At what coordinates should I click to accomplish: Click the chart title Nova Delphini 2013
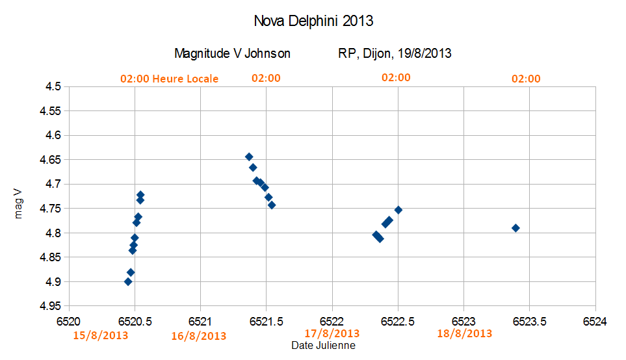tap(313, 21)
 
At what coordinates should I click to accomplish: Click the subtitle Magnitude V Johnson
tap(232, 53)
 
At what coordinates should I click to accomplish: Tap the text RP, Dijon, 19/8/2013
tap(395, 53)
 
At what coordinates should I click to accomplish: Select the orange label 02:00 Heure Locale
tap(169, 79)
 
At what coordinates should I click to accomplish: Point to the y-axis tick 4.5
tap(54, 86)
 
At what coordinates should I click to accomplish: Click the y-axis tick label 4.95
tap(51, 306)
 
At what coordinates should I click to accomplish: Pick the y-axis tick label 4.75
tap(51, 209)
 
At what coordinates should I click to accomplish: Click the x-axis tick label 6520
tap(69, 320)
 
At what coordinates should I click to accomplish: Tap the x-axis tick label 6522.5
tap(398, 320)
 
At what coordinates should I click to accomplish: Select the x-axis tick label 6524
tap(595, 320)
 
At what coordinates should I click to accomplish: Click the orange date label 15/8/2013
tap(100, 335)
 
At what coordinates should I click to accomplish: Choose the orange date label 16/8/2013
tap(199, 336)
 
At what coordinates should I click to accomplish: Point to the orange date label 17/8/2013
tap(332, 333)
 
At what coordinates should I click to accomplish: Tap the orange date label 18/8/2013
tap(464, 333)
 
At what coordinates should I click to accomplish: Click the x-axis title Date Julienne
tap(323, 346)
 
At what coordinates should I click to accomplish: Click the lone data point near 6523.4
tap(515, 228)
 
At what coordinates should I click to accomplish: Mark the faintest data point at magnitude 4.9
tap(128, 281)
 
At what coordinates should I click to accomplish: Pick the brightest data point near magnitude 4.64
tap(249, 157)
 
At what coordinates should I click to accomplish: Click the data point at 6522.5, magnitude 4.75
tap(398, 210)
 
